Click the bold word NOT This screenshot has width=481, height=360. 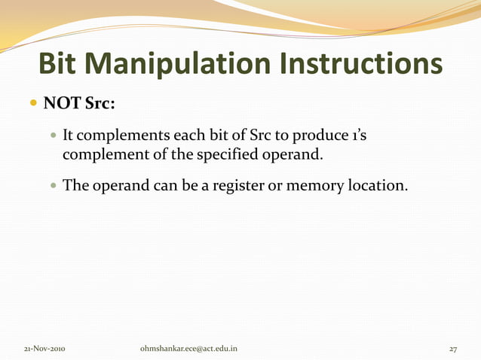[x=61, y=104]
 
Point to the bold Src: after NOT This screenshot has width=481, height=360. [x=98, y=104]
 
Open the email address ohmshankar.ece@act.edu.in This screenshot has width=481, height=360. [x=189, y=349]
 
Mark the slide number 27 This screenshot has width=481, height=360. [x=453, y=349]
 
